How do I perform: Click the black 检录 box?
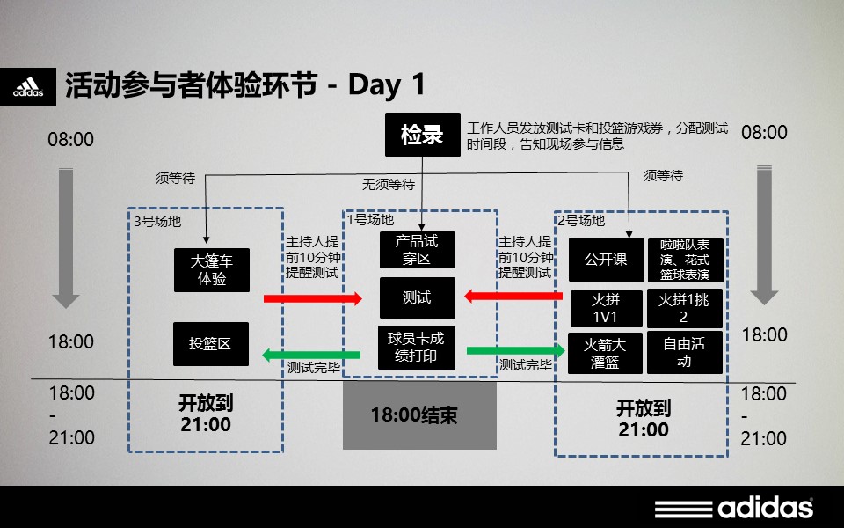pos(423,134)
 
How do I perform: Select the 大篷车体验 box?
pos(212,270)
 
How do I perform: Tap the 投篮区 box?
pos(211,344)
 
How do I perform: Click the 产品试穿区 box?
pos(417,250)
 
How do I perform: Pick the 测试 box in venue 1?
pos(417,298)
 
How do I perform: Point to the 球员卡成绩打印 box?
pos(417,348)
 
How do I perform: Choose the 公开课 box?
pos(606,260)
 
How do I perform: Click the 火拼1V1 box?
pos(606,309)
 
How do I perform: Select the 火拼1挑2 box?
pos(684,309)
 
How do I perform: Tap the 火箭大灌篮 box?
pos(605,353)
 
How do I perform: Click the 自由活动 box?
pos(684,353)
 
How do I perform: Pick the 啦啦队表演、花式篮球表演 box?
pos(685,260)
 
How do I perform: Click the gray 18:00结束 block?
pos(419,414)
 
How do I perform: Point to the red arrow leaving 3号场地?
pos(313,298)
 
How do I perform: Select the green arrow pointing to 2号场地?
pos(516,351)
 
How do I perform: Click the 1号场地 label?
pos(370,220)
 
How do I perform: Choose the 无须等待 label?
pos(388,185)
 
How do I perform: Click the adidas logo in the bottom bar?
pos(733,508)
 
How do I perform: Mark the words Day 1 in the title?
pos(387,84)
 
